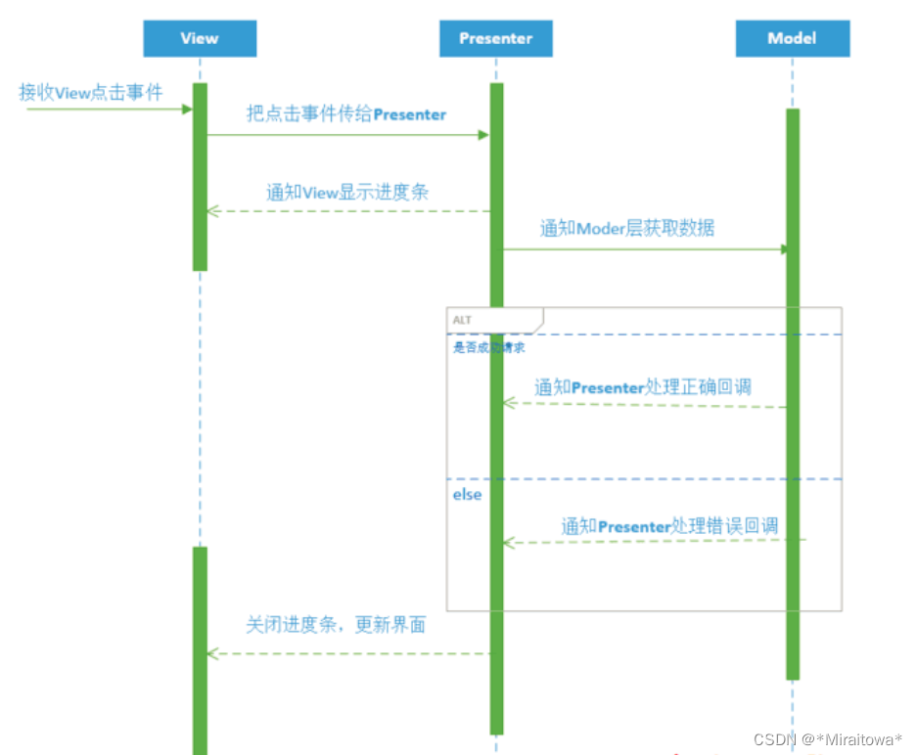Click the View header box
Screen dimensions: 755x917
[x=200, y=38]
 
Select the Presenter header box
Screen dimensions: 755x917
[x=496, y=38]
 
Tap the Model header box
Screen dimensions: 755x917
[x=792, y=38]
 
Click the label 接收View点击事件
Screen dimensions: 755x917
[x=90, y=92]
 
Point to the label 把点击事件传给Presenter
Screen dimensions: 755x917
[x=345, y=114]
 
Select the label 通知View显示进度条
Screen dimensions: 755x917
[x=347, y=192]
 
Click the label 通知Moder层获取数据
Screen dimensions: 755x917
[x=627, y=229]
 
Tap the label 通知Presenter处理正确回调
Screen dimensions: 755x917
[x=642, y=387]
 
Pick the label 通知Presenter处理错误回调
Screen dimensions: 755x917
[x=669, y=526]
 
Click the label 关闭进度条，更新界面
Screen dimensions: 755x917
[x=336, y=624]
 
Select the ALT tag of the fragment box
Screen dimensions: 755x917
[x=462, y=320]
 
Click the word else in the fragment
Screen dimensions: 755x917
[x=467, y=495]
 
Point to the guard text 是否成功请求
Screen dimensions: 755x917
[x=481, y=347]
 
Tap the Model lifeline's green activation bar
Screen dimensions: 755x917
[x=792, y=391]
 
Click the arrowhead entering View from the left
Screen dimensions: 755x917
[x=187, y=109]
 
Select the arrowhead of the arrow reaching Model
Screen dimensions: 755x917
[x=785, y=249]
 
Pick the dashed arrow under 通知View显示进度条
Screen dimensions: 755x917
[x=347, y=210]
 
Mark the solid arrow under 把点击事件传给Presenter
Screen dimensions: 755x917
[x=347, y=135]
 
